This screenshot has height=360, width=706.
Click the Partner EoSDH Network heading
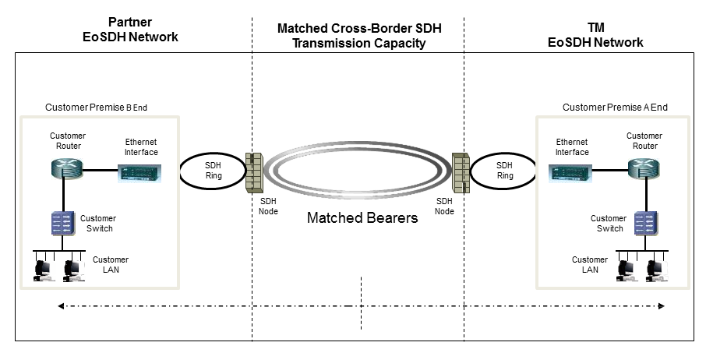point(131,30)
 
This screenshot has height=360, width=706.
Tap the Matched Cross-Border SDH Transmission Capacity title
point(358,36)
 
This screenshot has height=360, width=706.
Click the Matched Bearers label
point(362,217)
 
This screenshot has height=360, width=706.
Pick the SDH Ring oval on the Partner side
point(213,171)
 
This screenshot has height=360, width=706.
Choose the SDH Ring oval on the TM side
point(505,171)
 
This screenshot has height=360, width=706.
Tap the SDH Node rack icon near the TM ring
point(461,171)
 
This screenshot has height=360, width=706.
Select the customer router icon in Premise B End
point(62,169)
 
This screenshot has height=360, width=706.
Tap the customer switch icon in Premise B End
point(62,224)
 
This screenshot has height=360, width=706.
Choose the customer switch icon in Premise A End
point(644,224)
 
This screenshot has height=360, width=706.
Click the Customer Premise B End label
point(95,107)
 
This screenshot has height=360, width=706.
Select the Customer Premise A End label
point(615,107)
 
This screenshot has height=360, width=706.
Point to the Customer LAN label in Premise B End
point(111,264)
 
